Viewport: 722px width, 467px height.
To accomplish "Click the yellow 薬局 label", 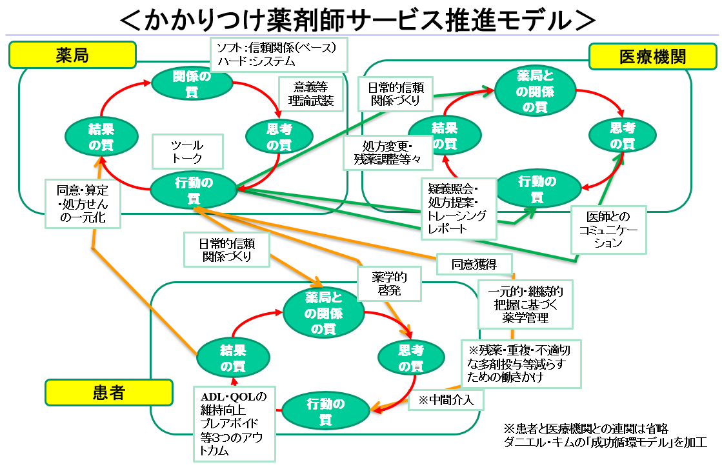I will click(72, 55).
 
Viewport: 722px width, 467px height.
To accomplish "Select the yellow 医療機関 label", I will click(652, 56).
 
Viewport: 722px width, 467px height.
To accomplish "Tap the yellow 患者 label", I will click(108, 392).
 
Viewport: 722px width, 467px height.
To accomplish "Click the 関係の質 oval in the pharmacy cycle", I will click(191, 84).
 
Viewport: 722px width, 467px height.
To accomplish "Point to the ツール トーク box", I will click(187, 152).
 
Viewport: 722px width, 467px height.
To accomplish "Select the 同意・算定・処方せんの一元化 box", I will click(83, 203).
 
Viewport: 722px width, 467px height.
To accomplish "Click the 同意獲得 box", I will click(474, 263).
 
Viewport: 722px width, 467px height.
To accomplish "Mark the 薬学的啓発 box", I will click(389, 284).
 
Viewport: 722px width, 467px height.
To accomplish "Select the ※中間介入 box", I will click(446, 400).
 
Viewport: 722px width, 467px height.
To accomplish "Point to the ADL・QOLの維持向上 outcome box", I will click(234, 422).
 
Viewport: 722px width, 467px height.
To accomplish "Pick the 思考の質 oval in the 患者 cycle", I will click(410, 358).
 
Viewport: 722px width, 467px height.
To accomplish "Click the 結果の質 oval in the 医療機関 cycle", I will click(445, 135).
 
